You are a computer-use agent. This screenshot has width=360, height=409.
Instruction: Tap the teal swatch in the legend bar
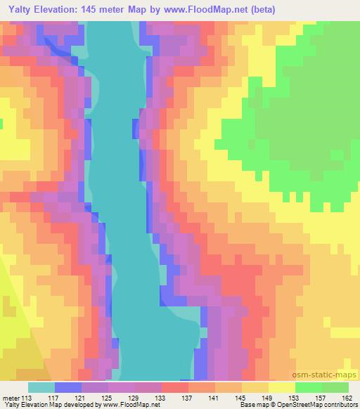coord(41,387)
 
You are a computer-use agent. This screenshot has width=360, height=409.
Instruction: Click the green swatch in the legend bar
coord(321,387)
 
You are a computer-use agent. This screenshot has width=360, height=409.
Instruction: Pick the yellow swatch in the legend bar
coord(281,387)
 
